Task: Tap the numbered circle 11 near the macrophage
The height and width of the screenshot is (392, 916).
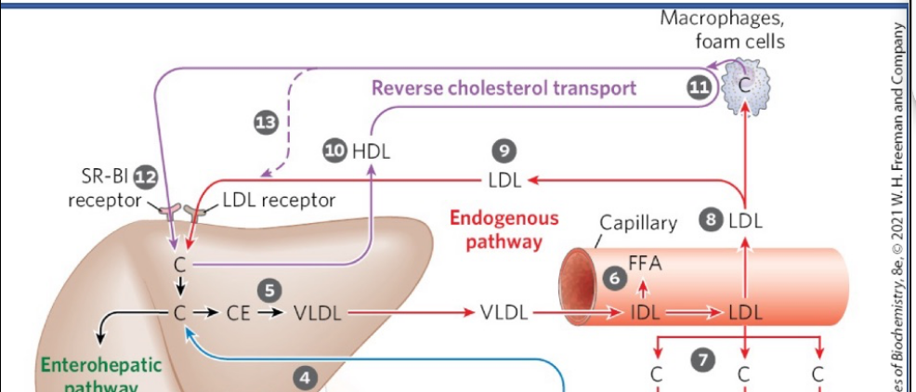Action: click(x=698, y=88)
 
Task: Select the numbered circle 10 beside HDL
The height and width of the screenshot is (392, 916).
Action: click(x=335, y=151)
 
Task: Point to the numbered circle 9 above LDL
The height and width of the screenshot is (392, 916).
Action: click(x=504, y=151)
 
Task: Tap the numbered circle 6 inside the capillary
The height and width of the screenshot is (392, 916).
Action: click(x=612, y=278)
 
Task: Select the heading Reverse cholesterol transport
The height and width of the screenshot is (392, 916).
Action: click(x=504, y=88)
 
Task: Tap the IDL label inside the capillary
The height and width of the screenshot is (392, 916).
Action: click(x=644, y=313)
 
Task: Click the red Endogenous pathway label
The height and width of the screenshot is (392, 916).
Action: click(x=504, y=230)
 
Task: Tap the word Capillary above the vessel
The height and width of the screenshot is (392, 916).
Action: click(x=638, y=223)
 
